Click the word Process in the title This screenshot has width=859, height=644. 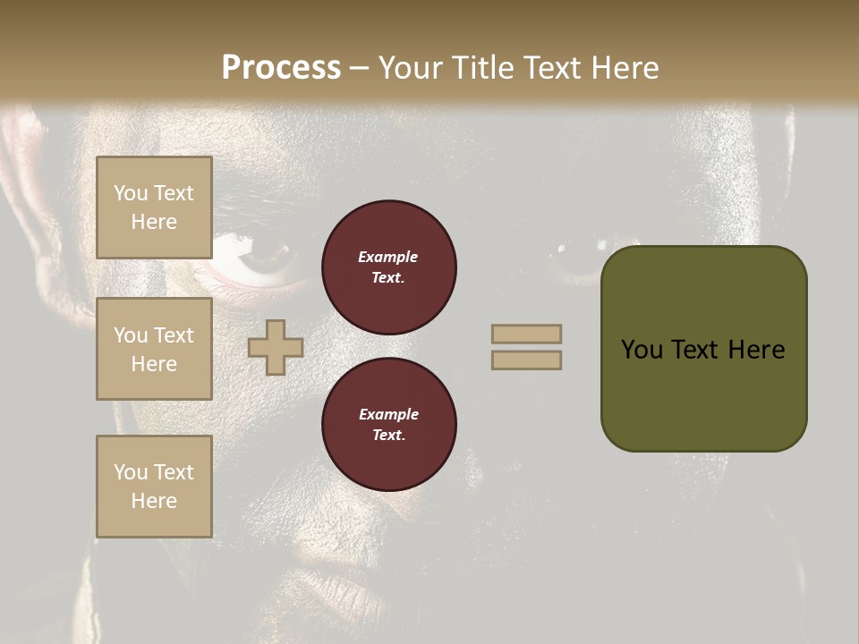pyautogui.click(x=281, y=68)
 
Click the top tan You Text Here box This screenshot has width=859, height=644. pyautogui.click(x=154, y=208)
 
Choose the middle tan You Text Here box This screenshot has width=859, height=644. pyautogui.click(x=154, y=349)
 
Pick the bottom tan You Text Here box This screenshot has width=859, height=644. pyautogui.click(x=154, y=487)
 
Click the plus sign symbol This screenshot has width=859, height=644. pyautogui.click(x=276, y=347)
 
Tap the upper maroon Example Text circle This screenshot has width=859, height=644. pyautogui.click(x=389, y=267)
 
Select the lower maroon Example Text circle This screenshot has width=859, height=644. pyautogui.click(x=389, y=425)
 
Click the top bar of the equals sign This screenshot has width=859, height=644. pyautogui.click(x=526, y=334)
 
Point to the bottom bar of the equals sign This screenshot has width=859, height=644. pyautogui.click(x=526, y=360)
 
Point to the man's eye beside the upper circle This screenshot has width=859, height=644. pyautogui.click(x=259, y=260)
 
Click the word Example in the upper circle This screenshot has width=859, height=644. pyautogui.click(x=387, y=257)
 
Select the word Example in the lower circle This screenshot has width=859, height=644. pyautogui.click(x=388, y=414)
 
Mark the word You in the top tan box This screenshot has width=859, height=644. pyautogui.click(x=130, y=193)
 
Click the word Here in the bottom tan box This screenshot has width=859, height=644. pyautogui.click(x=154, y=501)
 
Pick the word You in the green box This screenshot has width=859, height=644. pyautogui.click(x=642, y=350)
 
